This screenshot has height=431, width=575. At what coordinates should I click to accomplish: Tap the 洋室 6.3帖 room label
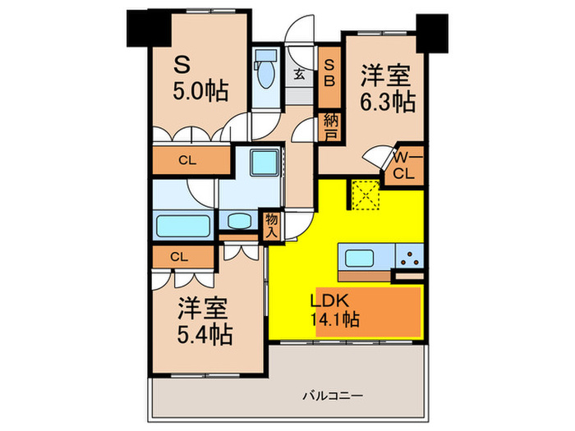(387, 89)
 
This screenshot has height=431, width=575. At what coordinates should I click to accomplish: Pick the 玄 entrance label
(299, 75)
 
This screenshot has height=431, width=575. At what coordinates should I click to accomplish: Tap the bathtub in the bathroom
(184, 224)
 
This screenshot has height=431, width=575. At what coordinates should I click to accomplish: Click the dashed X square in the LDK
(363, 195)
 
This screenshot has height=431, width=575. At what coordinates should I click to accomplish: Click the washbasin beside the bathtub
(239, 221)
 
